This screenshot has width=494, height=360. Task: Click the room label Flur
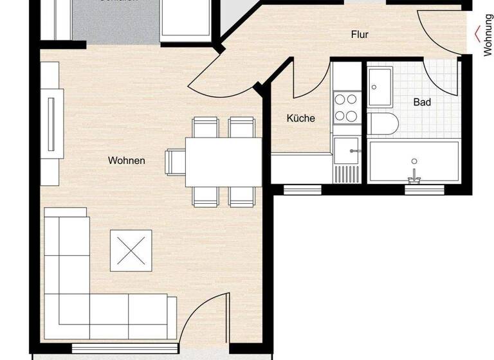360,35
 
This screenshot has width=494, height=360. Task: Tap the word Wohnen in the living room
127,161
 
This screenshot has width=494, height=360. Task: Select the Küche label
300,118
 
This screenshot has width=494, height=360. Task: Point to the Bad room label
422,102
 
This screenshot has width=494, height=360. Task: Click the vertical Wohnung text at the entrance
488,35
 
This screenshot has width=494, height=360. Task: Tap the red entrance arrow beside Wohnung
477,33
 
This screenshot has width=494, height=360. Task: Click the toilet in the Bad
382,123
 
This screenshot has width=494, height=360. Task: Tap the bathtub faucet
414,175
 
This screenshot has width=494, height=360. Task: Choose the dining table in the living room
223,162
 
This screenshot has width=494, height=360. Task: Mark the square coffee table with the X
131,251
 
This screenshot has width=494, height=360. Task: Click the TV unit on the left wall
52,122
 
